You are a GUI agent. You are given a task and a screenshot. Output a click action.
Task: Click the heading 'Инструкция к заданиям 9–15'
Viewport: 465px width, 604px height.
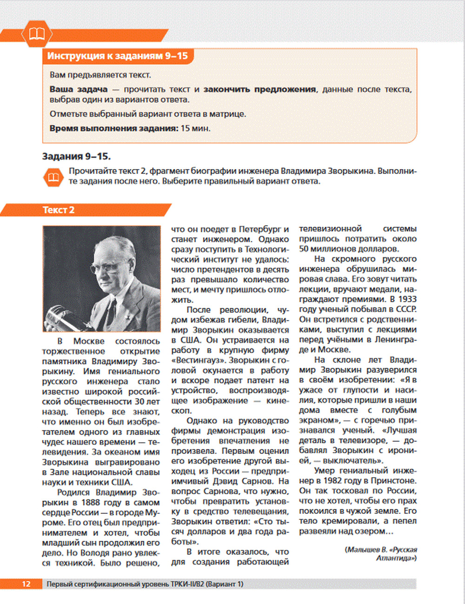pyautogui.click(x=118, y=56)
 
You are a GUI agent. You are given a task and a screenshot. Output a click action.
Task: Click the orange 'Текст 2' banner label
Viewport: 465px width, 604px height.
pyautogui.click(x=59, y=210)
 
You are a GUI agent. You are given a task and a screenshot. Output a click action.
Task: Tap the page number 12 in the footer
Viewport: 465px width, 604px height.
pyautogui.click(x=26, y=584)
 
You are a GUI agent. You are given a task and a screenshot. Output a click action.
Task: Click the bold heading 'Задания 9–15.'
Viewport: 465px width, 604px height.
pyautogui.click(x=76, y=156)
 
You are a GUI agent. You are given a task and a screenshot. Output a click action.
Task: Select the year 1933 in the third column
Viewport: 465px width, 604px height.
pyautogui.click(x=407, y=299)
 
